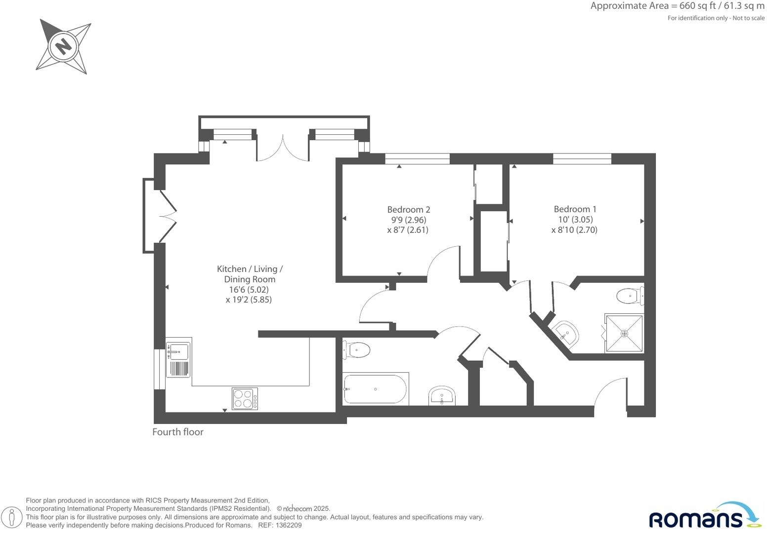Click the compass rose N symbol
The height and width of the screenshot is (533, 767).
[x=63, y=46]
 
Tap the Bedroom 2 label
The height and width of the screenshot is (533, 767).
[x=408, y=209]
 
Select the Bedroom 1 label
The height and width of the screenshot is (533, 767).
[x=575, y=209]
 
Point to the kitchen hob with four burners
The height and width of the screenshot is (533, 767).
[x=245, y=399]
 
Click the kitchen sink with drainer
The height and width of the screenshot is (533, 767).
[x=178, y=359]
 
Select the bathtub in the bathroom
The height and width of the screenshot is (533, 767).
[x=375, y=389]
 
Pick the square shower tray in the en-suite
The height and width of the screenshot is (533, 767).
[x=624, y=334]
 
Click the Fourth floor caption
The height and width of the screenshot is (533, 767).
[x=178, y=432]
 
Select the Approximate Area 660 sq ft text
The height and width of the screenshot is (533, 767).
[x=677, y=6]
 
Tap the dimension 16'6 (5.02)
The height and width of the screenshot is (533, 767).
[x=249, y=290]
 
